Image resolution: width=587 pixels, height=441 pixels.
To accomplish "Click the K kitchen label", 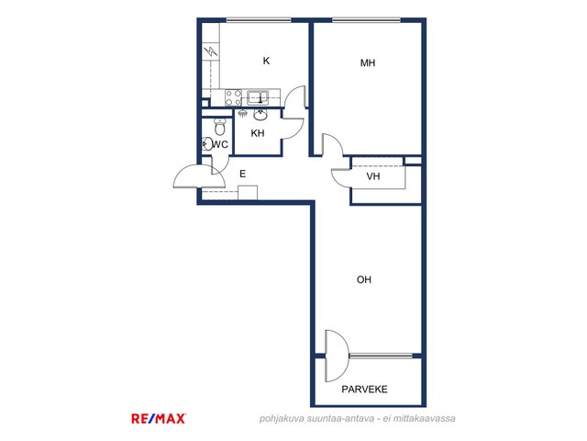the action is pyautogui.click(x=266, y=61).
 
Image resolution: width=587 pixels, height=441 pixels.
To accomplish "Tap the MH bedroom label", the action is pyautogui.click(x=368, y=63).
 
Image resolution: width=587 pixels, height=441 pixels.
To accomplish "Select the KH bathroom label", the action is pyautogui.click(x=258, y=133).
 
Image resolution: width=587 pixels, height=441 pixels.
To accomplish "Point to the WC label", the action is pyautogui.click(x=220, y=144).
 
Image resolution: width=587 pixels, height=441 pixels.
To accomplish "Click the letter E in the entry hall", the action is pyautogui.click(x=242, y=174).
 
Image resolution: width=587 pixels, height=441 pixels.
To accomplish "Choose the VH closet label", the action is pyautogui.click(x=373, y=176).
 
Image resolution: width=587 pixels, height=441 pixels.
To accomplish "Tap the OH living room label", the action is pyautogui.click(x=364, y=279).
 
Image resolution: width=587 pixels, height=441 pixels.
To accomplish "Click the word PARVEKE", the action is pyautogui.click(x=364, y=390).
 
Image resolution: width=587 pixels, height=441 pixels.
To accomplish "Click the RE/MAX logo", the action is pyautogui.click(x=159, y=419).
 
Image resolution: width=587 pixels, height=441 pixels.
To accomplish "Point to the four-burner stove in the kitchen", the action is pyautogui.click(x=233, y=97).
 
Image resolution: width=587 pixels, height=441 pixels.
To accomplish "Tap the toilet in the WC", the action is pyautogui.click(x=220, y=127).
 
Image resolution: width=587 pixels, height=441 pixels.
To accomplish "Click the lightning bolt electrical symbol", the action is pyautogui.click(x=212, y=51).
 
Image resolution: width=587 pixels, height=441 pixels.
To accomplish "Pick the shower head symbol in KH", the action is pyautogui.click(x=242, y=112).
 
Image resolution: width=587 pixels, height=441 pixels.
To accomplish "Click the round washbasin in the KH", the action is pyautogui.click(x=260, y=115).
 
